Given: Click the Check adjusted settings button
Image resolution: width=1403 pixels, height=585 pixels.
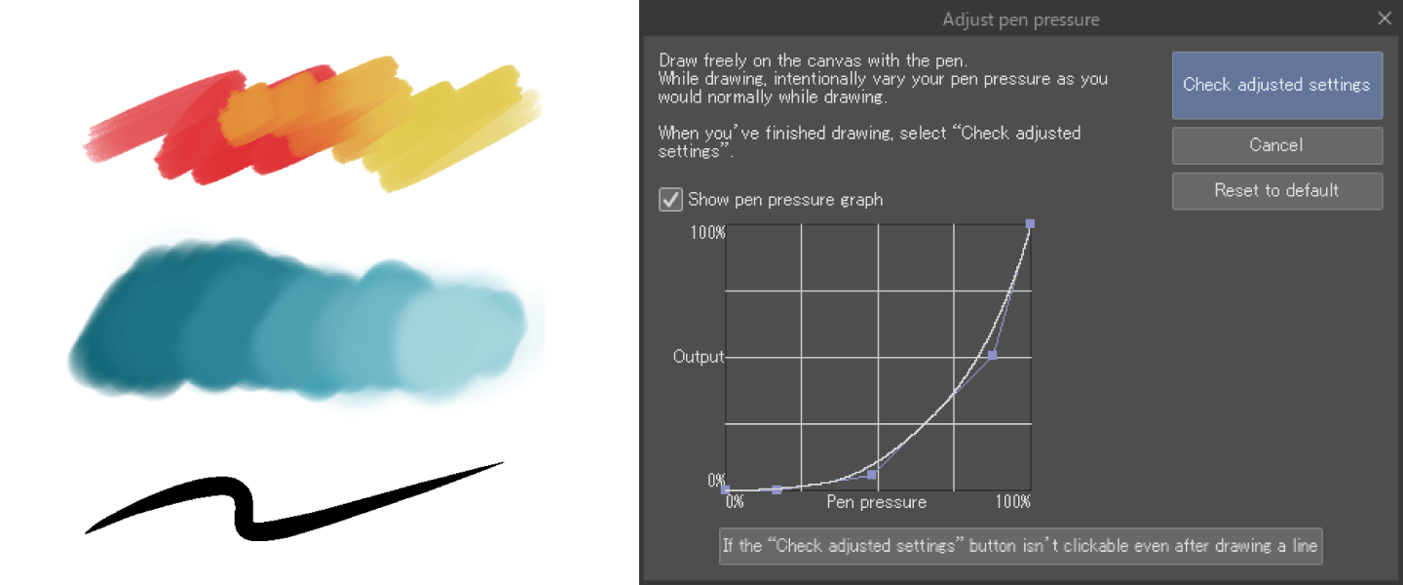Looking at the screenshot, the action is click(1277, 85).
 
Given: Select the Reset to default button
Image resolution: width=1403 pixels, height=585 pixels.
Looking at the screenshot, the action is click(1277, 190).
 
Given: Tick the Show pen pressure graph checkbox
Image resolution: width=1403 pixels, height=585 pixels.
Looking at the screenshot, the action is click(670, 200).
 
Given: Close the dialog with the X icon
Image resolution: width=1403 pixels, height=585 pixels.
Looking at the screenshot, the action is click(1384, 19).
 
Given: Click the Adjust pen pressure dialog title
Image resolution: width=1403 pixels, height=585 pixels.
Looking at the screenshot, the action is click(1021, 19).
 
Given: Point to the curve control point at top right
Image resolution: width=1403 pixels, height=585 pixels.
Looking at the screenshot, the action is click(1030, 224).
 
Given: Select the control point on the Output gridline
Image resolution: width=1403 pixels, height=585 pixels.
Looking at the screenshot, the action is click(992, 356).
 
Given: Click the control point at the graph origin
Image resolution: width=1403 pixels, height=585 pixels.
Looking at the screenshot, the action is click(725, 489).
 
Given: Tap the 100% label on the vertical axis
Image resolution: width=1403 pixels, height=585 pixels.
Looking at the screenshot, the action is click(707, 233).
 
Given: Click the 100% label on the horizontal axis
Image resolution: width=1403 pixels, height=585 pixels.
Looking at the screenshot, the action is click(1013, 501).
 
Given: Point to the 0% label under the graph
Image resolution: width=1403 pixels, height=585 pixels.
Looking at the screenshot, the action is click(735, 501).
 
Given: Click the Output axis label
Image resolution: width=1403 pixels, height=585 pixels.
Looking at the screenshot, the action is click(699, 357).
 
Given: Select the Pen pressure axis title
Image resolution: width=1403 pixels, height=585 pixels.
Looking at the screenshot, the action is click(876, 502).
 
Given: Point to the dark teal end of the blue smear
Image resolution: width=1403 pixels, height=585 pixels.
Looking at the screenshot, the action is click(126, 338).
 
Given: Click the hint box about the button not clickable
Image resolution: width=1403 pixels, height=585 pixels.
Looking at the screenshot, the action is click(1020, 546).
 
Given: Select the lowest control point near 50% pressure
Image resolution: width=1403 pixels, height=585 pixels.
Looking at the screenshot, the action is click(871, 475).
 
